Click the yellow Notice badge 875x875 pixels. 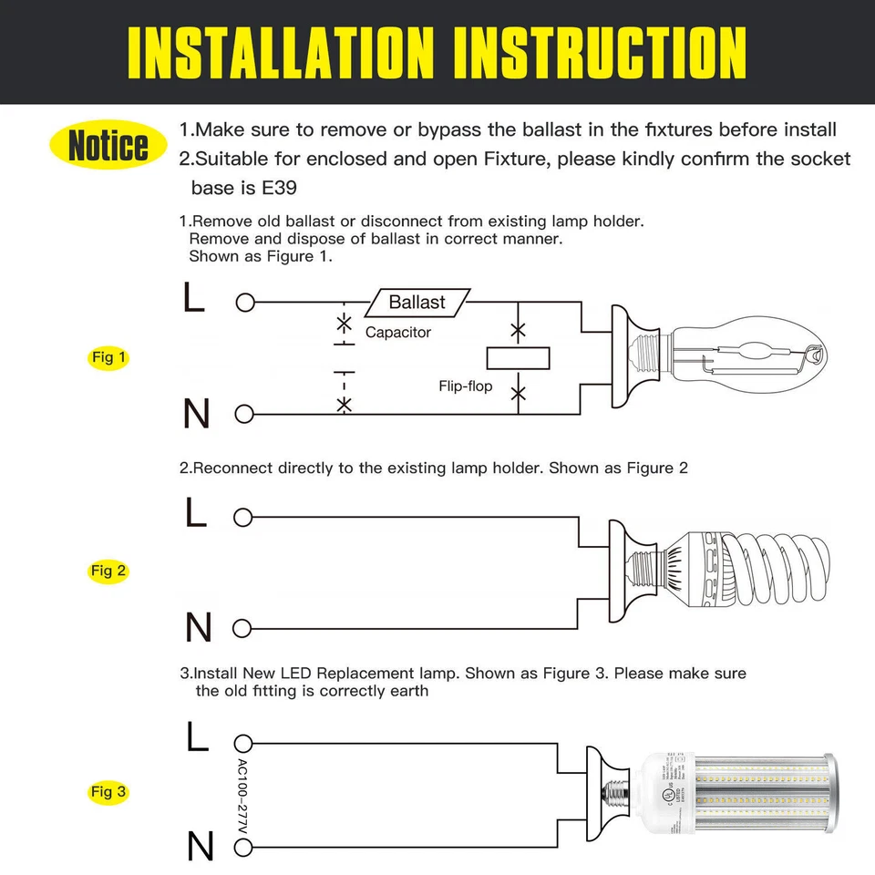pos(108,146)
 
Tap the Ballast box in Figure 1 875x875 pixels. pos(417,302)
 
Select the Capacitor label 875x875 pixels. pos(398,333)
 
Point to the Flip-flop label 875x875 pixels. pos(465,386)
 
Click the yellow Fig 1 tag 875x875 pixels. pos(108,357)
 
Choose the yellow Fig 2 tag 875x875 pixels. pos(108,571)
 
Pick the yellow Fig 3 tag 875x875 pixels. pos(108,791)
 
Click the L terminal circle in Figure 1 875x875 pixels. pos(244,303)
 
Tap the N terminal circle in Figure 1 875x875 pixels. pos(244,414)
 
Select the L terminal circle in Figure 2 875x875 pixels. pos(242,518)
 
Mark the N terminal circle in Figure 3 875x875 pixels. pos(242,848)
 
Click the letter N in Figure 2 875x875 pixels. pos(198,628)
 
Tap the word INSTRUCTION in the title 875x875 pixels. pos(600,52)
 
